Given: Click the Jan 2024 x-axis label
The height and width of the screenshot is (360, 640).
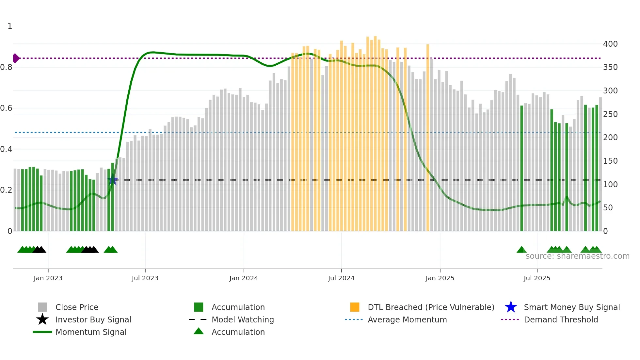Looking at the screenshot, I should point(244,278).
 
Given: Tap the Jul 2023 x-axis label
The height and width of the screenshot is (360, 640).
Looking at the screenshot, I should point(145,278).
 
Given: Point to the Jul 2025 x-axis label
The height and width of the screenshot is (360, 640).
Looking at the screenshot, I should point(537,278).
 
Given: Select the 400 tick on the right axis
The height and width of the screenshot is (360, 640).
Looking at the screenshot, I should point(610,44).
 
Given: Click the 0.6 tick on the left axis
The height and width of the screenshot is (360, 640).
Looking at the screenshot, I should point(6,108).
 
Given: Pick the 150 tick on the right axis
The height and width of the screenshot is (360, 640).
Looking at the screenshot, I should point(610,161).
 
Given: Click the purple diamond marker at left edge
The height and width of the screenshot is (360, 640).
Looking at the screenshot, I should point(16,58).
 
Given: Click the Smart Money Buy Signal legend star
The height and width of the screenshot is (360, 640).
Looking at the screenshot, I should point(511,307).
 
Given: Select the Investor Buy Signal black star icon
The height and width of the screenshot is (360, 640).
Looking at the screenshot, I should point(42,319).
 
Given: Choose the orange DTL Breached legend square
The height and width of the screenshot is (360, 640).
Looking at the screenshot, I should point(355,307).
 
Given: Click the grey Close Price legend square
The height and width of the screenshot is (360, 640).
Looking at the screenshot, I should point(42,307).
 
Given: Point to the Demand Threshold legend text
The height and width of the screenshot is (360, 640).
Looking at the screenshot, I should point(561,319).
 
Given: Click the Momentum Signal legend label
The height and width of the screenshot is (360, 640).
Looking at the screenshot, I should point(91,332).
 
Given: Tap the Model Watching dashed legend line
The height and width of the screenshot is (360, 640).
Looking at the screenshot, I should point(198,319).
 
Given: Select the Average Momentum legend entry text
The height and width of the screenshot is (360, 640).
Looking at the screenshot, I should point(407,319).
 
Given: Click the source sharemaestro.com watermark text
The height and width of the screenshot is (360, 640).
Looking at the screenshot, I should point(577,256).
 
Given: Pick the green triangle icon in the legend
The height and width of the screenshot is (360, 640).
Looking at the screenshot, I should point(199,331).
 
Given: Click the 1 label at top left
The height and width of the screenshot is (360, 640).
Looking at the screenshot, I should point(10,26).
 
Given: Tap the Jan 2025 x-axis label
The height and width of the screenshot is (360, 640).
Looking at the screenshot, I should point(440,278).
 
